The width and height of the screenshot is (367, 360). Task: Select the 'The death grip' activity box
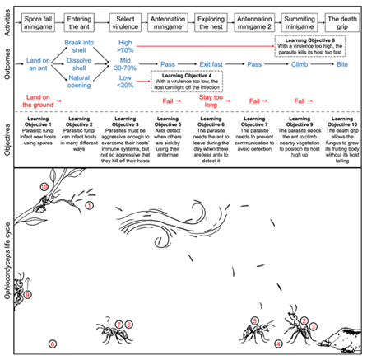pyautogui.click(x=338, y=18)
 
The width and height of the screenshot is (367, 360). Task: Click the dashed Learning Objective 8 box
pyautogui.click(x=316, y=44)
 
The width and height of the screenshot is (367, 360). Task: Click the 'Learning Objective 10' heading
pyautogui.click(x=338, y=120)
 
